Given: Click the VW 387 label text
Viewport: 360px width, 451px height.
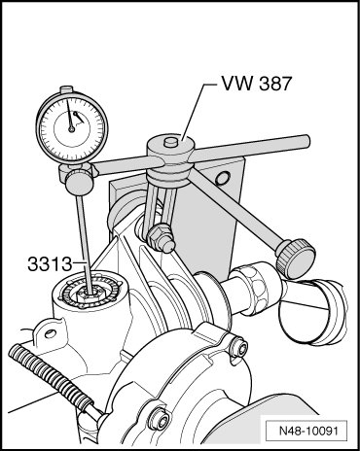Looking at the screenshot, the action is pos(257,84).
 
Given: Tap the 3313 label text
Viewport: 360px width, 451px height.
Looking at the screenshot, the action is pos(50,264).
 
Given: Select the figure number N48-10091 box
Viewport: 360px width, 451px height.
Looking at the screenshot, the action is pos(306,432).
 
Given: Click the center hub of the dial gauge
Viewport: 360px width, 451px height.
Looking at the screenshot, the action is pos(71,129).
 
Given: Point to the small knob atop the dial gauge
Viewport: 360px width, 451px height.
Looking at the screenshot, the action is pos(67,88).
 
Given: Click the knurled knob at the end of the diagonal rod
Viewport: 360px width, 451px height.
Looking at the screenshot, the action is pos(296,259).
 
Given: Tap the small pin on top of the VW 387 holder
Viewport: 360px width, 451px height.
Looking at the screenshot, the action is pos(170,143).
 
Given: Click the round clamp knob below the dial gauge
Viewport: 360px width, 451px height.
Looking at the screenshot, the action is pos(79,183).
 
